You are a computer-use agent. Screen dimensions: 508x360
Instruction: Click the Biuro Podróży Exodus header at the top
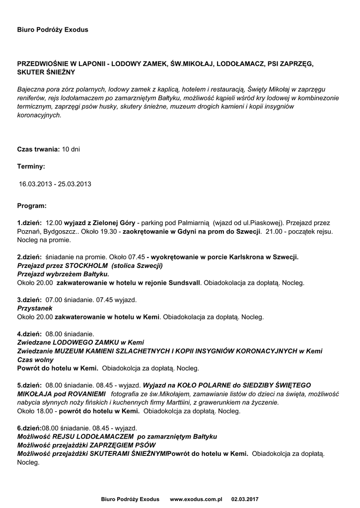(x=53, y=30)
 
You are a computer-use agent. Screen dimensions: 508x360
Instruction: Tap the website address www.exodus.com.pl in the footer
(x=196, y=499)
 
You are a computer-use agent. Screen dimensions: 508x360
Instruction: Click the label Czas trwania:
(x=38, y=149)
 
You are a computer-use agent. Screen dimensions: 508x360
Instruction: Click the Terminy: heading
(x=31, y=167)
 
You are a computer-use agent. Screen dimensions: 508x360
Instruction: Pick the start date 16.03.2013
(x=36, y=184)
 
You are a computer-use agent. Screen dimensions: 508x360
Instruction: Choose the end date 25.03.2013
(x=74, y=184)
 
